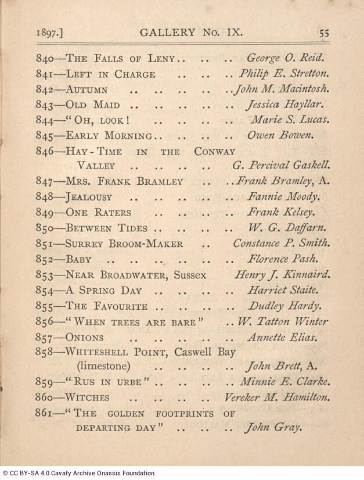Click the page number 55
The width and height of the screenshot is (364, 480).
[323, 33]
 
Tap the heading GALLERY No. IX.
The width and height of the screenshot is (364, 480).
[185, 33]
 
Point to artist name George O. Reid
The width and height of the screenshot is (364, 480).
[285, 59]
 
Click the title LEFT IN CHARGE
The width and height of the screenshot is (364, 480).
[111, 74]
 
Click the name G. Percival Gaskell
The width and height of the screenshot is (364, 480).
[282, 166]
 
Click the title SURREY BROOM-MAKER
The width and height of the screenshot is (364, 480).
[125, 243]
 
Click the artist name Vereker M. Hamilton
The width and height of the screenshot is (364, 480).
[277, 397]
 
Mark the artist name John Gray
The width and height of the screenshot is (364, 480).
[273, 428]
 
